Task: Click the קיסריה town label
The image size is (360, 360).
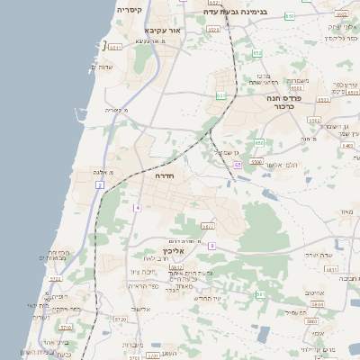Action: pyautogui.click(x=129, y=10)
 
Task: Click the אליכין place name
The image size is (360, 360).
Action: pyautogui.click(x=174, y=251)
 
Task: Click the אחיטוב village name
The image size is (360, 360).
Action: pyautogui.click(x=313, y=293)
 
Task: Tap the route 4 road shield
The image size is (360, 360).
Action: pyautogui.click(x=138, y=208)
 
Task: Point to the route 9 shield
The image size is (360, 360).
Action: pyautogui.click(x=212, y=245)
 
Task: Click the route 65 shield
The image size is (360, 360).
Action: pyautogui.click(x=238, y=166)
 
